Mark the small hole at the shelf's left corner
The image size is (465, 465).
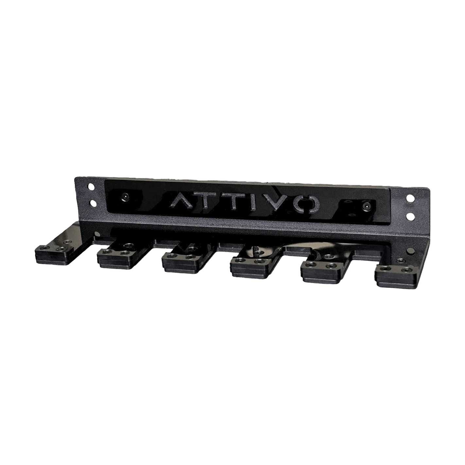97,234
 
